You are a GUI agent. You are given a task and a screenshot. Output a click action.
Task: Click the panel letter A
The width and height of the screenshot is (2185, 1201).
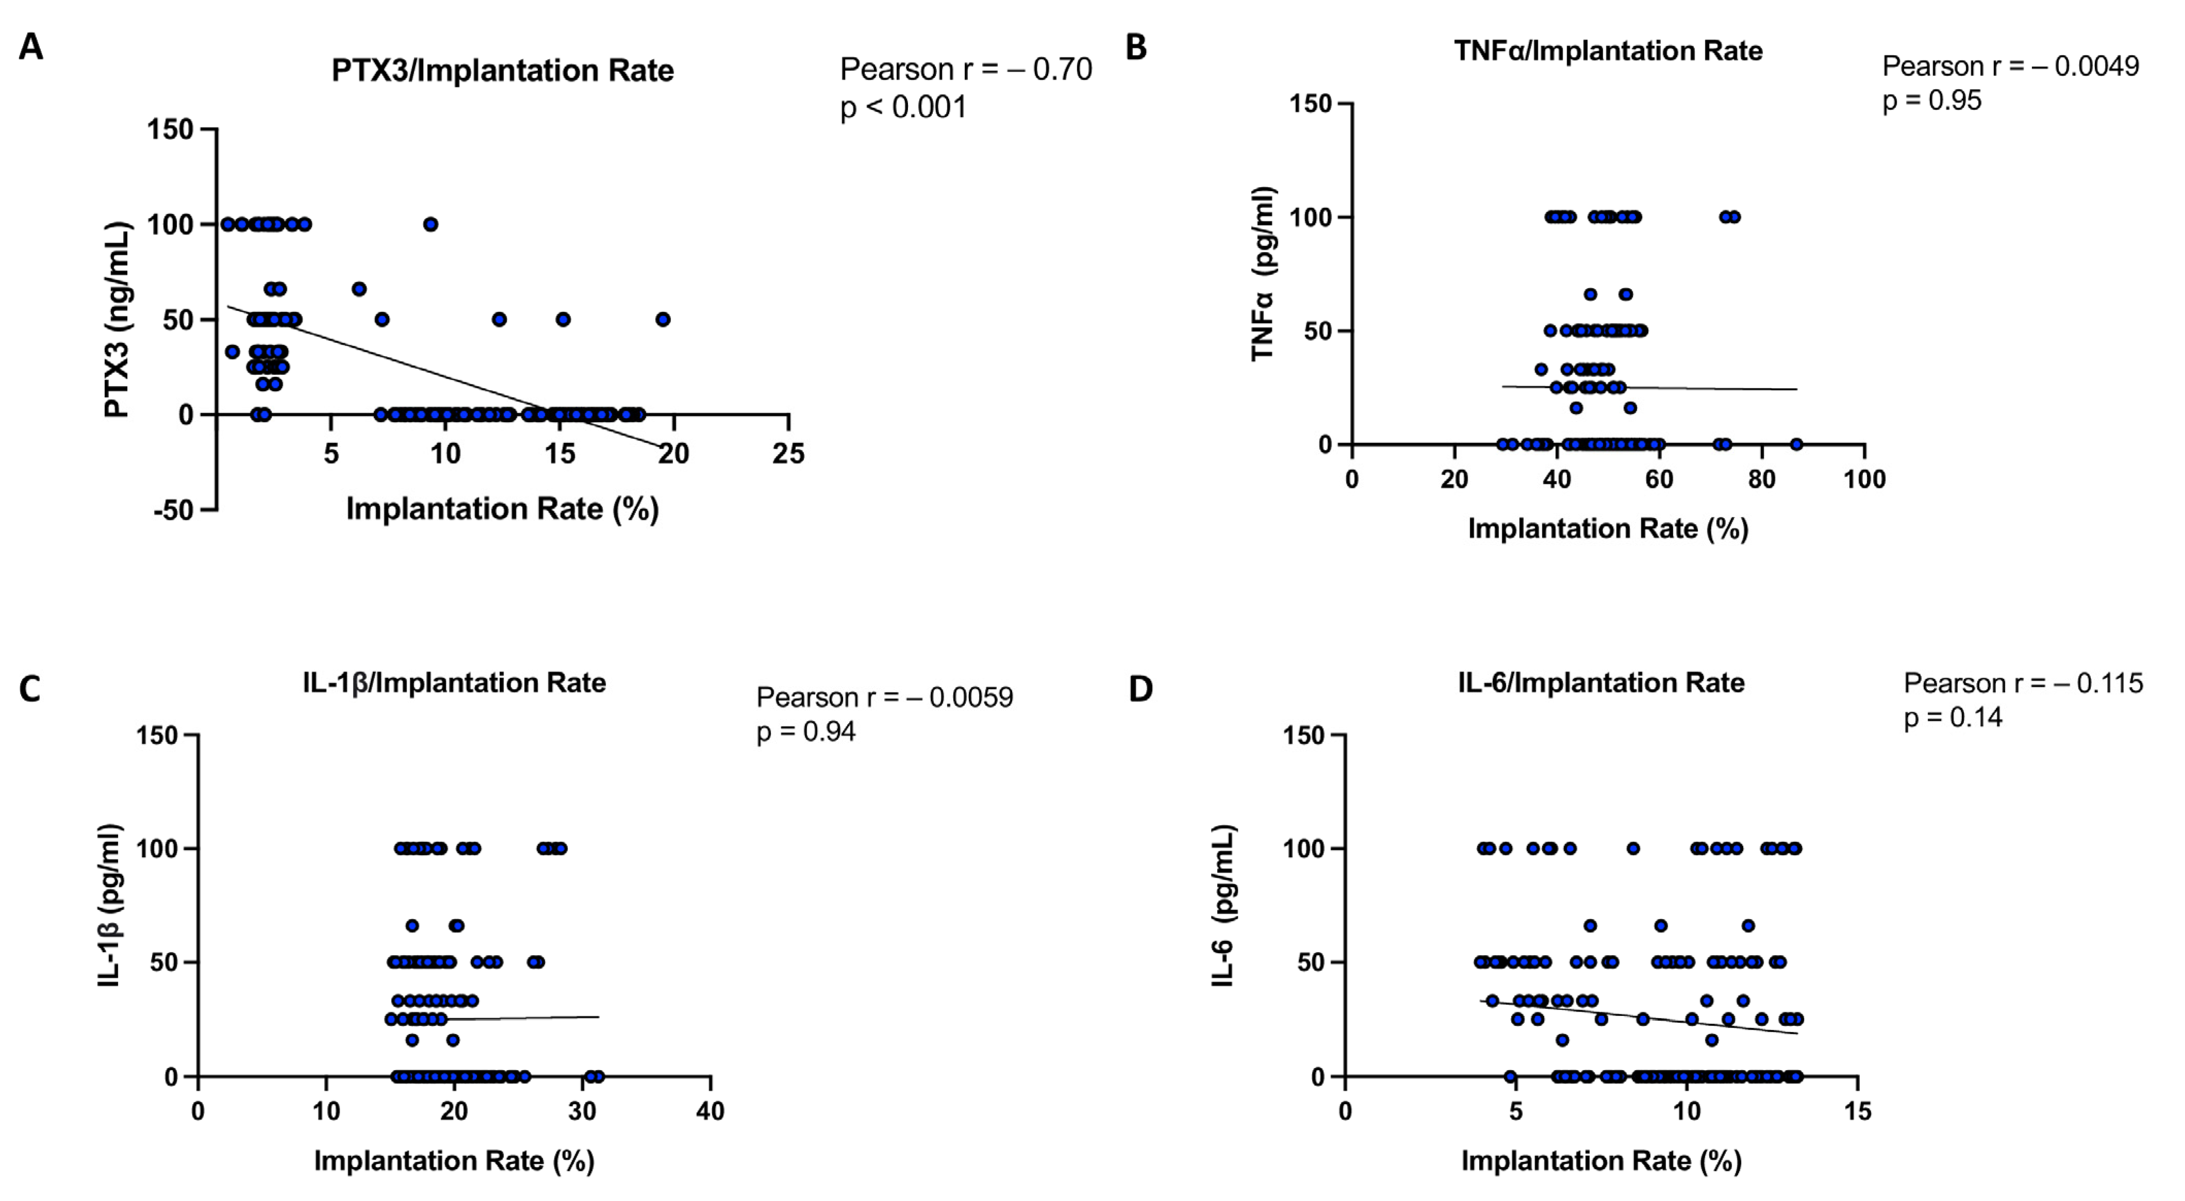[x=31, y=47]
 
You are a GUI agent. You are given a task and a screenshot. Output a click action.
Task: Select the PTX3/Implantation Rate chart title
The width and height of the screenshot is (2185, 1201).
[x=502, y=71]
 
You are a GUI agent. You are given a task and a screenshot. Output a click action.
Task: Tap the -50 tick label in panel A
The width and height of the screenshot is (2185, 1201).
[x=173, y=511]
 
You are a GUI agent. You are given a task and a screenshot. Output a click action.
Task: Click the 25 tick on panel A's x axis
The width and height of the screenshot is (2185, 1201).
[x=788, y=454]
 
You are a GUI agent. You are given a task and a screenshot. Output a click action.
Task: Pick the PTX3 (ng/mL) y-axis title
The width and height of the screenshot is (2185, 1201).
[x=117, y=319]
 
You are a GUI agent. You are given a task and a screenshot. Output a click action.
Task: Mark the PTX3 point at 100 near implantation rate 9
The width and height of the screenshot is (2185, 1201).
[x=431, y=224]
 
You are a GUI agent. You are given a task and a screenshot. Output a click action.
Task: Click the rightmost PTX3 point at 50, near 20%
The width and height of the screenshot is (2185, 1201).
[x=663, y=319]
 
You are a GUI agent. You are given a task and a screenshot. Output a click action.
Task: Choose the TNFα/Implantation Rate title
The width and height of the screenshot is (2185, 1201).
[x=1608, y=51]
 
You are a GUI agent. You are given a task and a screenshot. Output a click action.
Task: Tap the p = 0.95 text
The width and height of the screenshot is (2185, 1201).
[x=1931, y=100]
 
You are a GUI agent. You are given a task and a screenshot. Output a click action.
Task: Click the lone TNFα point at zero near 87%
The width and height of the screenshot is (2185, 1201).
[x=1796, y=444]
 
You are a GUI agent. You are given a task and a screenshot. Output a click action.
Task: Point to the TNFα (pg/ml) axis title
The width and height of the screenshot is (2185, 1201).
[x=1262, y=273]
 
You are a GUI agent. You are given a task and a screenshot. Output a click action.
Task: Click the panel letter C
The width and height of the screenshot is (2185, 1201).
[x=30, y=689]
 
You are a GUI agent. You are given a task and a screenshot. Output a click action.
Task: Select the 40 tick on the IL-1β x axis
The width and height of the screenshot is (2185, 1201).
[x=710, y=1111]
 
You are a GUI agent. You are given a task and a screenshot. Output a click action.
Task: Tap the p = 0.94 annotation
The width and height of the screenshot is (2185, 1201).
[x=806, y=731]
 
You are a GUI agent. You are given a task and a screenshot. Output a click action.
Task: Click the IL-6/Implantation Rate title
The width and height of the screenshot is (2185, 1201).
[x=1601, y=683]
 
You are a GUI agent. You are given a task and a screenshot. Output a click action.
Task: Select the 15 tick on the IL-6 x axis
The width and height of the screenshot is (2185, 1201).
[x=1858, y=1111]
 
